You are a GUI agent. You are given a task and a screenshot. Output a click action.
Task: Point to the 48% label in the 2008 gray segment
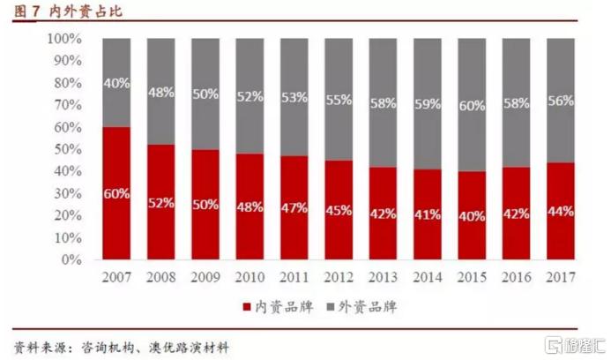coord(160,91)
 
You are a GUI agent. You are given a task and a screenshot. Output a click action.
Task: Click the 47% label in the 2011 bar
coord(293,208)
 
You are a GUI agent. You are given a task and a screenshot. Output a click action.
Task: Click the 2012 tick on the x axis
coord(337,278)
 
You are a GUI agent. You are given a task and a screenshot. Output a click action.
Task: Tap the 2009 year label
coord(205,278)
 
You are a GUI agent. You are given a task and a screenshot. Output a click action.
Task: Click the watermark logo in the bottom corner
coord(570,342)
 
